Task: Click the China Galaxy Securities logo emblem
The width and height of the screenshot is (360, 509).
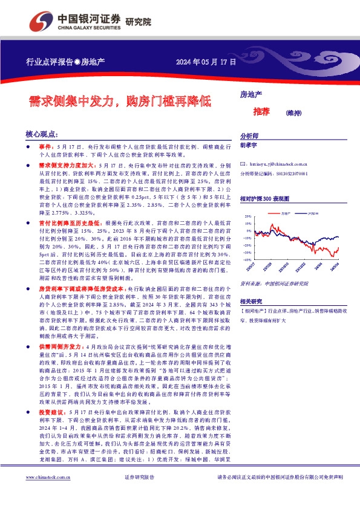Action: pyautogui.click(x=41, y=21)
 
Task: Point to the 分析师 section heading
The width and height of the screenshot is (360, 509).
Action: pyautogui.click(x=249, y=136)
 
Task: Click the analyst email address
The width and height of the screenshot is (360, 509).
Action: pyautogui.click(x=274, y=164)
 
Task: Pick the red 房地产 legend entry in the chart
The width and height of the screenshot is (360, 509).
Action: pyautogui.click(x=287, y=213)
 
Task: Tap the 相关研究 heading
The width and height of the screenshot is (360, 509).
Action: pyautogui.click(x=250, y=300)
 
